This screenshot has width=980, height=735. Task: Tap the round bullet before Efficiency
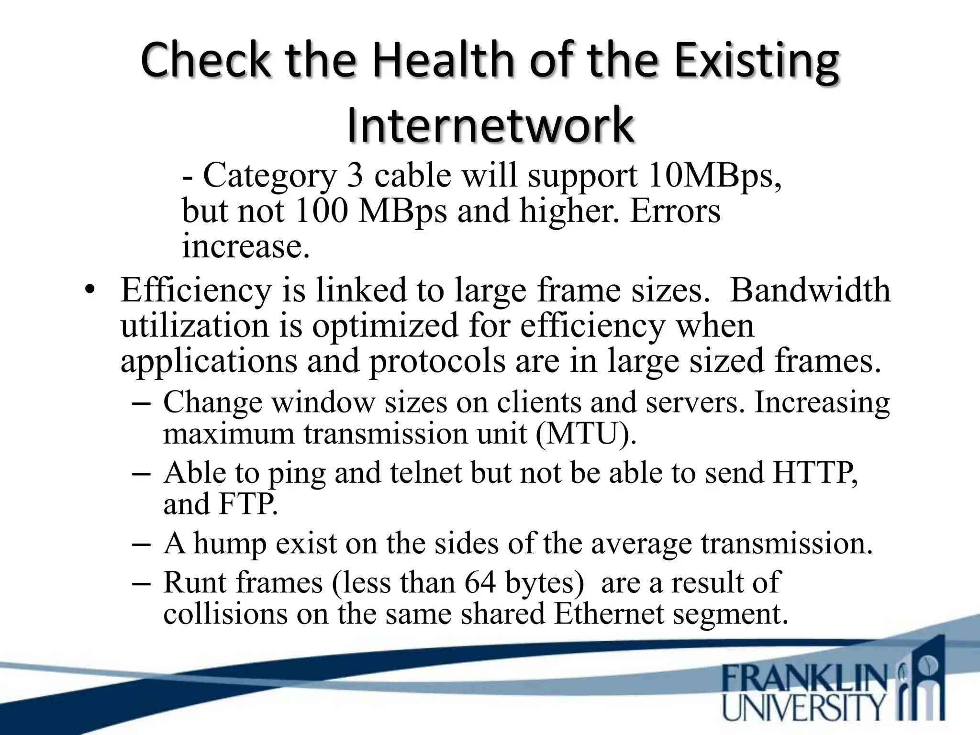tap(89, 290)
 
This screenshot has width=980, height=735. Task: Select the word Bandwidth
tap(810, 290)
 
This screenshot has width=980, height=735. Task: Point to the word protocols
tap(437, 361)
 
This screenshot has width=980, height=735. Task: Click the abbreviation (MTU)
tap(587, 434)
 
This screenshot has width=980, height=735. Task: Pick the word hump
tap(229, 544)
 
